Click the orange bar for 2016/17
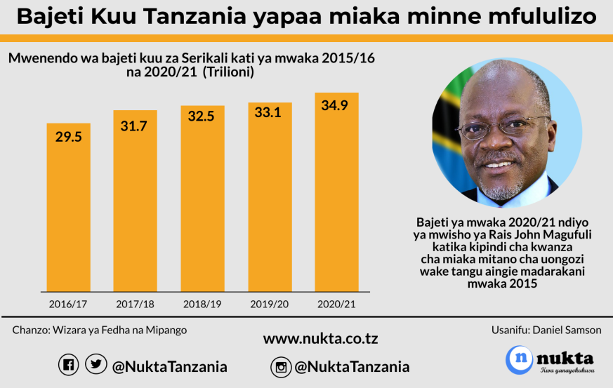coord(69,210)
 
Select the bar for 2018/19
coord(203,203)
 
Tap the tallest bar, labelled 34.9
coord(337,196)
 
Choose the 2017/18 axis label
coord(136,304)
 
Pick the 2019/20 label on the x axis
coord(270,304)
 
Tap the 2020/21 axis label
coord(337,304)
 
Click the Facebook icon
coord(68,365)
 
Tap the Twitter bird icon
coord(95,365)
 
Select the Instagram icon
coord(281,366)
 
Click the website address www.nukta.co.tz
coord(320,339)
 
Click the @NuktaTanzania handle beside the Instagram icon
coord(352,366)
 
